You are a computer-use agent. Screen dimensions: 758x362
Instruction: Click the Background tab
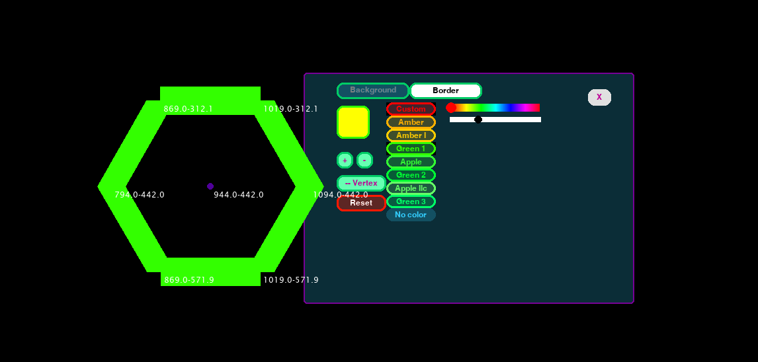[373, 90]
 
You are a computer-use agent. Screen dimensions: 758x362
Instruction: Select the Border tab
[446, 90]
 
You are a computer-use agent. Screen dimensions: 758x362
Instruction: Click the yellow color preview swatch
[353, 122]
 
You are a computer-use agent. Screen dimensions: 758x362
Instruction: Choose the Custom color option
[411, 109]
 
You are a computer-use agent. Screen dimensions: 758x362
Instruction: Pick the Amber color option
[411, 122]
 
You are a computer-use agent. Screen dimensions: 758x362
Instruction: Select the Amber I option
[411, 135]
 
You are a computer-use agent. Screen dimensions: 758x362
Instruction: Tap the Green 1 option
[411, 149]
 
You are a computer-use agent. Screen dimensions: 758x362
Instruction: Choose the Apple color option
[411, 162]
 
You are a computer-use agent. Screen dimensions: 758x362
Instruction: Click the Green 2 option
[411, 175]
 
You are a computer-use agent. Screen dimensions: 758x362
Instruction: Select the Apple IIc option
[411, 188]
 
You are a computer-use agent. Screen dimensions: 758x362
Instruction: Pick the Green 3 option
[411, 201]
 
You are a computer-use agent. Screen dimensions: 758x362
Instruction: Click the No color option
[411, 215]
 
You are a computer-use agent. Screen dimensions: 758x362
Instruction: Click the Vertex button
[361, 183]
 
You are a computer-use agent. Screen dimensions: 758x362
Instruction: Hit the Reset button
[361, 203]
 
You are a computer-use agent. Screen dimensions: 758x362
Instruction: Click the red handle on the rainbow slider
[450, 108]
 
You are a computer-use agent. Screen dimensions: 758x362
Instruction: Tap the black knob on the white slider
[478, 120]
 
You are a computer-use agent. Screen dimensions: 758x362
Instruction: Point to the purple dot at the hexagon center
[210, 186]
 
